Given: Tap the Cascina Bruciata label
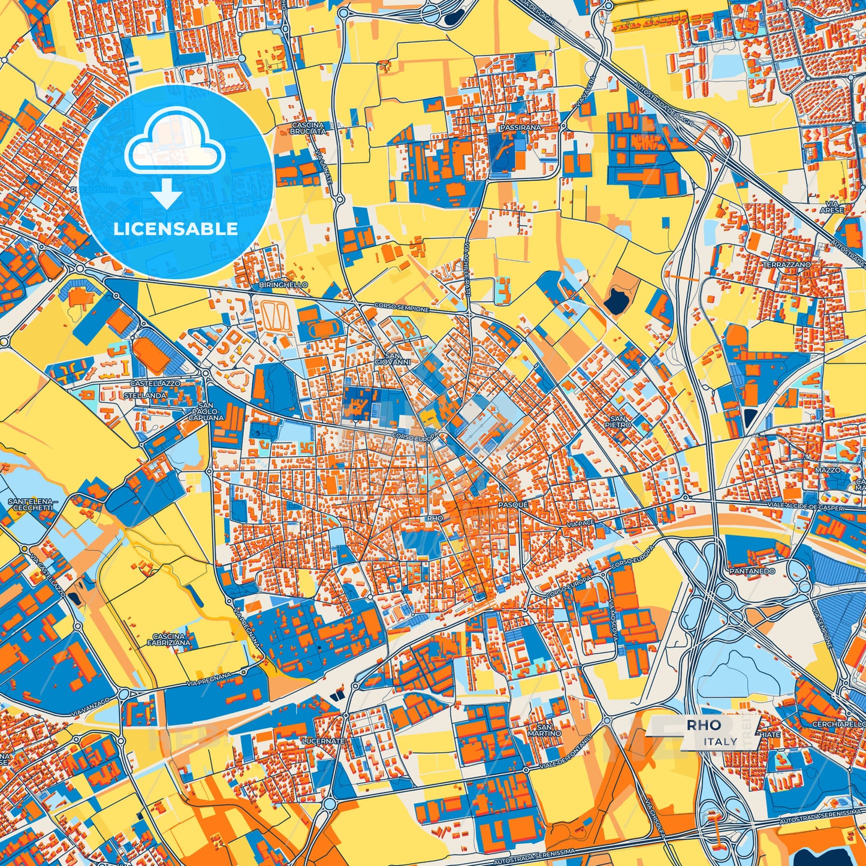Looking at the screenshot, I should (x=307, y=128).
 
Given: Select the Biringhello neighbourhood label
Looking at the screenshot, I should (x=283, y=285).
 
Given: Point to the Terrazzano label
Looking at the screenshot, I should (x=786, y=264).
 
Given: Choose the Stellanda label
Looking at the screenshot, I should (x=144, y=396).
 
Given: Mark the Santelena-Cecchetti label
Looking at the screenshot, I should (x=31, y=504).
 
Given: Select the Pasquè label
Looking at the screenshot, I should (x=513, y=505).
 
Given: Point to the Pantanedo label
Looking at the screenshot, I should (x=752, y=571).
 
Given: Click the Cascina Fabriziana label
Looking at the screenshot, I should (x=169, y=639).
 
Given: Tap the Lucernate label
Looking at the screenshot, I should (x=324, y=741).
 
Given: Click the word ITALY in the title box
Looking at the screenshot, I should (x=720, y=741).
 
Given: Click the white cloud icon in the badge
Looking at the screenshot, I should (x=174, y=147).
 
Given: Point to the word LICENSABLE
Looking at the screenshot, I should (x=176, y=229).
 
